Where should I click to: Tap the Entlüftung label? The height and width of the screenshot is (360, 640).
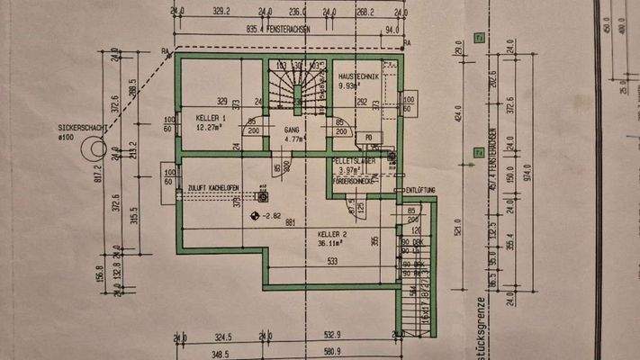(422, 190)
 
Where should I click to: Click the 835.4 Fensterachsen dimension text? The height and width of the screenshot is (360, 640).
(269, 29)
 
